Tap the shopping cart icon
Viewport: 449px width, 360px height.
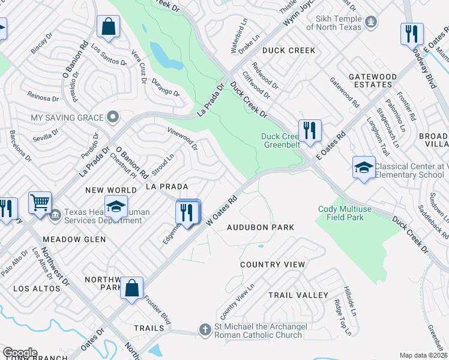click(40, 203)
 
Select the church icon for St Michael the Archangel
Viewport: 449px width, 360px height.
click(205, 330)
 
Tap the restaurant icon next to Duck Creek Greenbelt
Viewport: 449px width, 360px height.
click(310, 131)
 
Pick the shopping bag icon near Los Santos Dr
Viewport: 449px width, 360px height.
click(108, 26)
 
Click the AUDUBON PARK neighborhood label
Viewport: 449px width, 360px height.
click(261, 227)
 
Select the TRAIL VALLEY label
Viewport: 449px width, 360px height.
click(298, 295)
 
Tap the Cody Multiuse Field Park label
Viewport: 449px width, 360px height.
click(341, 213)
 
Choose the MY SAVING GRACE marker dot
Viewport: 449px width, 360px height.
click(112, 117)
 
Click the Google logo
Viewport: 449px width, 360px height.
click(19, 353)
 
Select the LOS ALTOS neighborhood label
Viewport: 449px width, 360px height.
click(37, 289)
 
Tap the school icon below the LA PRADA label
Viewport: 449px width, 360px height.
click(116, 207)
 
